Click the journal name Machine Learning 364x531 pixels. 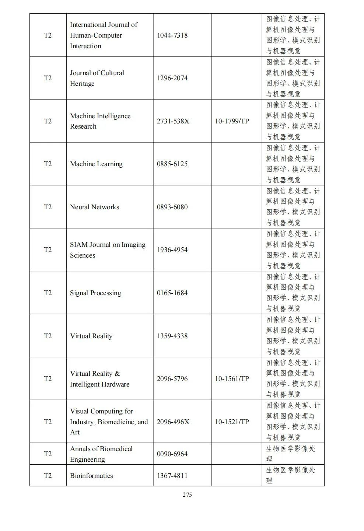[96, 164]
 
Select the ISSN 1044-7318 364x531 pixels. [172, 35]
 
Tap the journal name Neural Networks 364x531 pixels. [95, 207]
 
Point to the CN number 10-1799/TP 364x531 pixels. [232, 121]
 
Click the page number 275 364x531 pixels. [187, 495]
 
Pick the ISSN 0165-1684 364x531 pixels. [172, 293]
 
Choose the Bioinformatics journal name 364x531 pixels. [91, 476]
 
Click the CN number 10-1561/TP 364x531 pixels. [232, 379]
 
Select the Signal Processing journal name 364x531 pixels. [95, 293]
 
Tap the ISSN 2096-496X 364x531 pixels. [173, 422]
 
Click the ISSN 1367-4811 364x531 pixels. [172, 476]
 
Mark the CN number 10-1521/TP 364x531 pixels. [232, 422]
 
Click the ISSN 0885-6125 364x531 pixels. [172, 164]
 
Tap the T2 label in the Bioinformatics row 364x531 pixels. [48, 476]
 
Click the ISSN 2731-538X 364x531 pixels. [173, 121]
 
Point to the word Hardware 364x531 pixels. [115, 384]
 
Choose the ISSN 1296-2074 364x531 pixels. [172, 78]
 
